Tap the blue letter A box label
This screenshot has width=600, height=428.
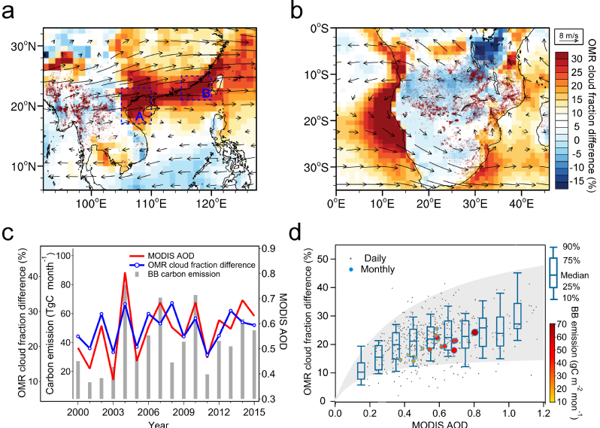pos(138,116)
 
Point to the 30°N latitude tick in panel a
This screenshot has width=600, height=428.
pos(26,47)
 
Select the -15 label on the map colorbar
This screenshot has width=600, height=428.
pos(578,181)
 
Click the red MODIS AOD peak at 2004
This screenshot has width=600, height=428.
pos(125,272)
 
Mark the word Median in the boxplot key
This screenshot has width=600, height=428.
pos(580,277)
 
